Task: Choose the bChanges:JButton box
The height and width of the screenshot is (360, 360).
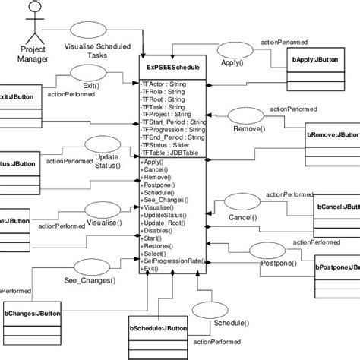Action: (x=33, y=335)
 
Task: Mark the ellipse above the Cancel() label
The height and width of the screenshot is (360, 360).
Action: (x=239, y=203)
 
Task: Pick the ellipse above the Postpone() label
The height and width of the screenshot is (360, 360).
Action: (x=270, y=250)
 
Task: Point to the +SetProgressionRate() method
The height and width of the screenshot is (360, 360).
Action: (x=174, y=261)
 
